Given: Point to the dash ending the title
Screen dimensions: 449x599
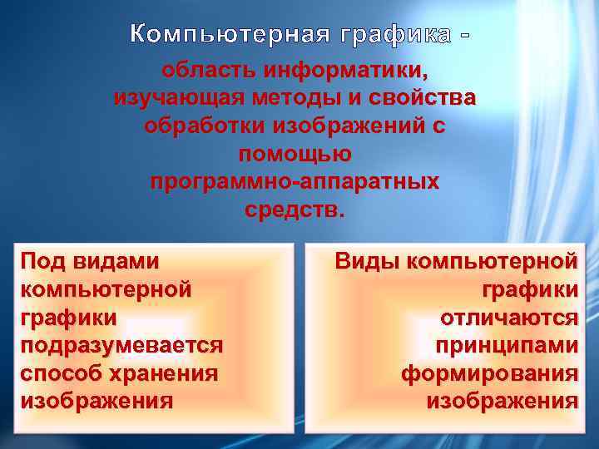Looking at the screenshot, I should tap(464, 36).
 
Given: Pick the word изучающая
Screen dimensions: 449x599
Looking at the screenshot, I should tap(177, 100).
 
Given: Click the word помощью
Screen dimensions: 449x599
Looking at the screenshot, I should tap(295, 155).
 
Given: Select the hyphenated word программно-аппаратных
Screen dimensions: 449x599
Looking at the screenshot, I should tap(295, 182).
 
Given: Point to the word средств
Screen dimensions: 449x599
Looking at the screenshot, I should tap(294, 209).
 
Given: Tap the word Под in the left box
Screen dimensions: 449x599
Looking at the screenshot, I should tap(43, 261).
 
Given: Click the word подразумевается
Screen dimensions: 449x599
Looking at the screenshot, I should tap(121, 345).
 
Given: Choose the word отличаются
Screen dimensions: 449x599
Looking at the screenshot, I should tap(510, 317).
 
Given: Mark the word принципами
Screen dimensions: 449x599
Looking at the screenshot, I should tap(506, 345).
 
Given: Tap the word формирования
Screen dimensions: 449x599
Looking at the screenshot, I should tap(489, 373).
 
